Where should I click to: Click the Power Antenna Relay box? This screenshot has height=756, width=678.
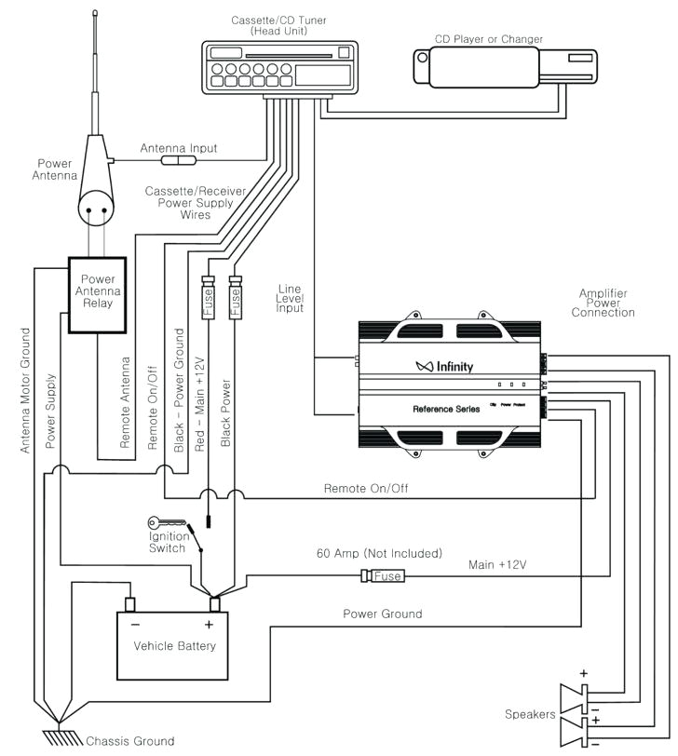98,292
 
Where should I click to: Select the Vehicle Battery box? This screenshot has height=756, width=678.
174,644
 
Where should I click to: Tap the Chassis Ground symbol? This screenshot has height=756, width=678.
58,738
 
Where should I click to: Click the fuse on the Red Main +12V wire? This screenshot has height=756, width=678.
208,301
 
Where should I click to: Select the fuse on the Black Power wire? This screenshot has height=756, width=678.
235,301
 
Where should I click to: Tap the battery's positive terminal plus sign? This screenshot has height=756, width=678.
209,624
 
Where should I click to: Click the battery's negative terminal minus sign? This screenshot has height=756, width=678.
135,624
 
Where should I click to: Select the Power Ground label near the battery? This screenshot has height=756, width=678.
382,614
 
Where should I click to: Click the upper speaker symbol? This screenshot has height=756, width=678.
575,695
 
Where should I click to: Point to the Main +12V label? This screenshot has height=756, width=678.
495,563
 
